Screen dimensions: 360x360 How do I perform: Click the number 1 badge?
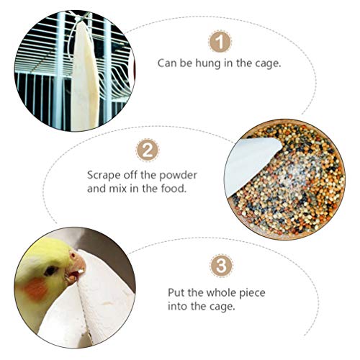[220, 42]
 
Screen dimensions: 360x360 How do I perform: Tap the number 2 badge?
[148, 150]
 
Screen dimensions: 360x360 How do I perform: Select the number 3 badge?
[221, 266]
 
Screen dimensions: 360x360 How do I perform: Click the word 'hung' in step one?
[208, 64]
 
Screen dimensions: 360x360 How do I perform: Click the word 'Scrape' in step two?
[104, 176]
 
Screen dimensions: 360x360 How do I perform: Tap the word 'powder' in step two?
[179, 176]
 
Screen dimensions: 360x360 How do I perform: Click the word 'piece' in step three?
[252, 293]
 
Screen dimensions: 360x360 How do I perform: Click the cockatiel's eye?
[50, 271]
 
